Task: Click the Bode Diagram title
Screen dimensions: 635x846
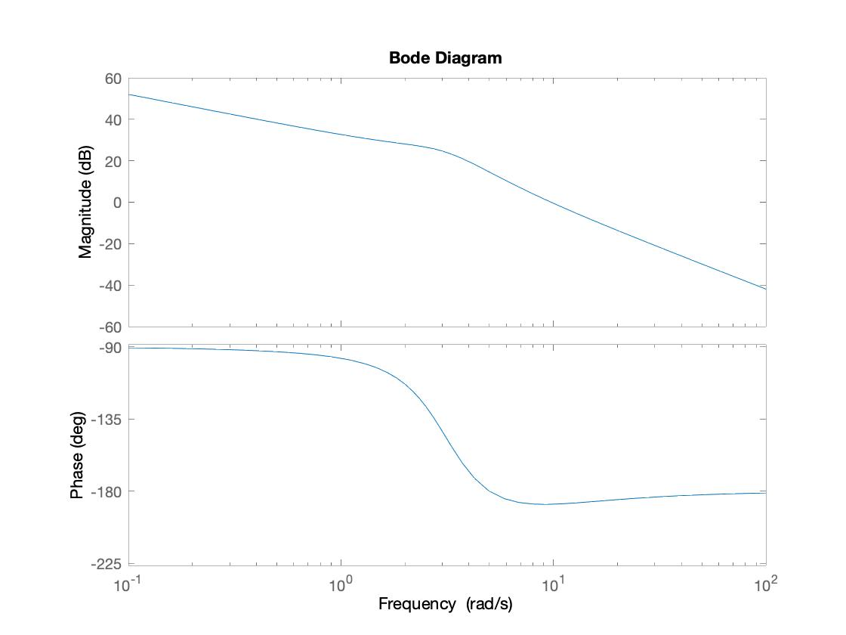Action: click(445, 58)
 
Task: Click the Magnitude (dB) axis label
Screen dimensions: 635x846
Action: click(85, 202)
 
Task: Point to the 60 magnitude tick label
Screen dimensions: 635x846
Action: click(113, 79)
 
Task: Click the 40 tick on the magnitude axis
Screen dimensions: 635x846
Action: click(113, 119)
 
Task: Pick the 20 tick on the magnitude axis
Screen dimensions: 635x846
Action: click(113, 161)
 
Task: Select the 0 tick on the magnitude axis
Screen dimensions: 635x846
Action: click(116, 203)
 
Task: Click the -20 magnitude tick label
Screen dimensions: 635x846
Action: click(110, 244)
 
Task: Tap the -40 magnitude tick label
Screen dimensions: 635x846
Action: click(110, 286)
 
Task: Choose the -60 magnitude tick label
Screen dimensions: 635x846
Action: click(110, 327)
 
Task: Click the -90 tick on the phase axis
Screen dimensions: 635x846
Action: click(110, 348)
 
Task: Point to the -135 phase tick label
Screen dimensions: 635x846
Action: click(107, 420)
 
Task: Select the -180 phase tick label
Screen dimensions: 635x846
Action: click(107, 491)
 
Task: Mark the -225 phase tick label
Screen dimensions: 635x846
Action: click(107, 564)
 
